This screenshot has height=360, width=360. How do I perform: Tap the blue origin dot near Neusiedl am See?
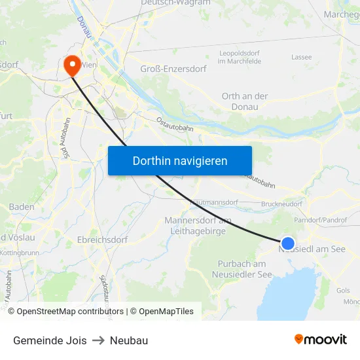click(287, 243)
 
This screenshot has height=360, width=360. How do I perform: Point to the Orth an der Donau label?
click(245, 101)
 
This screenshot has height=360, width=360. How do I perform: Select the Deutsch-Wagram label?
click(175, 3)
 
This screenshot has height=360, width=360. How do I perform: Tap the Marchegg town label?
click(341, 14)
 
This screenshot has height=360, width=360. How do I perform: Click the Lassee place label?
click(301, 57)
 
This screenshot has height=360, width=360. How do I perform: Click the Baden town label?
click(22, 207)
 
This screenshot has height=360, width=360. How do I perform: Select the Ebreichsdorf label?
click(101, 240)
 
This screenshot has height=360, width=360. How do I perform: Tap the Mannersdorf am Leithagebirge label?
click(198, 225)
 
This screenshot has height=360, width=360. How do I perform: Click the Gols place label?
click(342, 290)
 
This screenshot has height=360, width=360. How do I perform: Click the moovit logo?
click(321, 339)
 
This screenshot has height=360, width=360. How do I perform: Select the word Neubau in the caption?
click(129, 340)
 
